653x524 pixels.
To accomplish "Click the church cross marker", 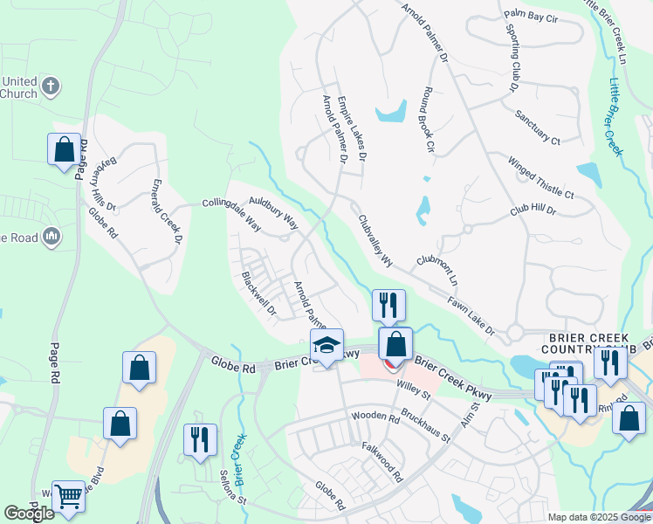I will click(52, 86).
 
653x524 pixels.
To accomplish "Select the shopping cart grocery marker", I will click(68, 496).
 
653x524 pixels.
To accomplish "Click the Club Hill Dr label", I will click(533, 210).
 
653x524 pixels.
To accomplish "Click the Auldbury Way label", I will click(273, 212).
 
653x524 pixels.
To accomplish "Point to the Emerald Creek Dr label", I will click(168, 211).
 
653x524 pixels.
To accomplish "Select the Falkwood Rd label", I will click(382, 461).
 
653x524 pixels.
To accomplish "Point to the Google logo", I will click(30, 513).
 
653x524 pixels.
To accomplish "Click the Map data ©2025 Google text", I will click(599, 517).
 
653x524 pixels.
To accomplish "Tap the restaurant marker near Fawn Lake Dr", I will click(388, 305).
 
